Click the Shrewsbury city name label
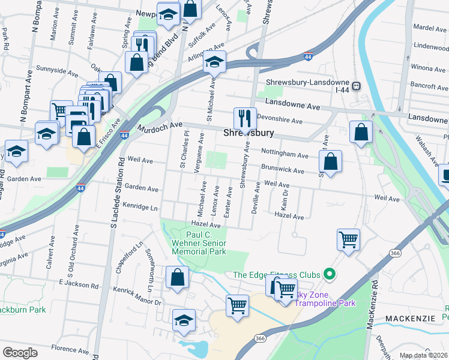coord(249,133)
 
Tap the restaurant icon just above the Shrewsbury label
coord(244,118)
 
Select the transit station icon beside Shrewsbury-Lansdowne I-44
coord(357,86)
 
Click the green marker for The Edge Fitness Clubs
coord(328,275)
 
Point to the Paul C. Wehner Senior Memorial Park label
coord(199,243)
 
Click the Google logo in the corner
coord(20,352)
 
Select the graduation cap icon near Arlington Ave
coord(213,62)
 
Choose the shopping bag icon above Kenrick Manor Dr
coord(177,278)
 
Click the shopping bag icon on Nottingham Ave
coord(330,161)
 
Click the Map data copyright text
coord(424,355)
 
